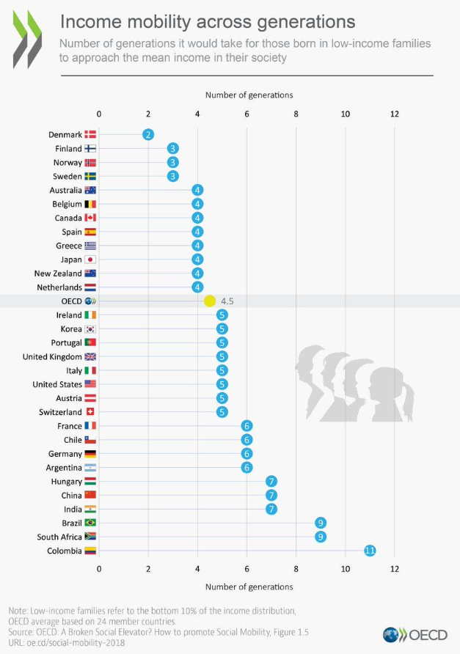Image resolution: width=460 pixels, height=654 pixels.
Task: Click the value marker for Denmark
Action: (x=148, y=134)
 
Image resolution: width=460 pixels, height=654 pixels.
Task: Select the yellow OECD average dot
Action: (x=209, y=301)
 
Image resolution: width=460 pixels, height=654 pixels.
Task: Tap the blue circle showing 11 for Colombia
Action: (x=370, y=551)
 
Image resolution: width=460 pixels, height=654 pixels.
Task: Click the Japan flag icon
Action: (x=90, y=260)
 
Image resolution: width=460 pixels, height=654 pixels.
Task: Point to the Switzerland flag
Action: (x=90, y=412)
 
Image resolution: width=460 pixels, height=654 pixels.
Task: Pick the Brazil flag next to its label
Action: (x=90, y=523)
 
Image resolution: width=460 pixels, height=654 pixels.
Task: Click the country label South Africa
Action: (x=59, y=537)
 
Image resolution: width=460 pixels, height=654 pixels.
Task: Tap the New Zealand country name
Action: (x=58, y=273)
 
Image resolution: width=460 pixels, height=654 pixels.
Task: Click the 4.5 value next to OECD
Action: (x=227, y=301)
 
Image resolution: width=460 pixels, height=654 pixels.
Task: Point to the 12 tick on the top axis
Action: (x=395, y=114)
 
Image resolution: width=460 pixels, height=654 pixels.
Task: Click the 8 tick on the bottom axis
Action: (x=296, y=569)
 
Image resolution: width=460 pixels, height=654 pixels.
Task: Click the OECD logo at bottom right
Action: (x=410, y=634)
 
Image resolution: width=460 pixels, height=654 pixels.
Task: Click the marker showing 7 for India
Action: (x=271, y=509)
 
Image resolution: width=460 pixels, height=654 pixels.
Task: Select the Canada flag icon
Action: (x=90, y=218)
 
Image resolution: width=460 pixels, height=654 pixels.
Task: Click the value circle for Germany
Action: (x=247, y=454)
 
